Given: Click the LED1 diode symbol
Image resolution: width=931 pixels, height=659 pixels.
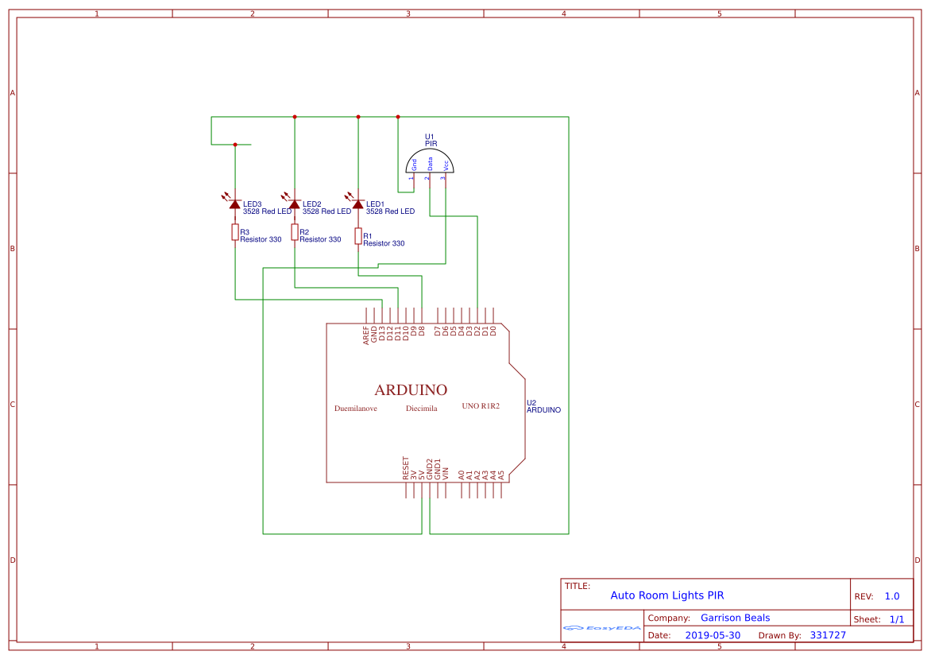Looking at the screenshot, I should click(x=358, y=204).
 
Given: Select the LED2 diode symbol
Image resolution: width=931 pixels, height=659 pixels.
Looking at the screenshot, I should click(x=295, y=204).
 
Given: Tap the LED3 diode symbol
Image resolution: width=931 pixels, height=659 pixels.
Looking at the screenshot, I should click(x=235, y=204).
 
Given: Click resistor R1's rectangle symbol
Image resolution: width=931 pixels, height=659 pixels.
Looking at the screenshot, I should click(x=358, y=236).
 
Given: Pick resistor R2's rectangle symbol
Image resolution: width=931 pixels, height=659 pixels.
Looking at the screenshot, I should click(x=295, y=232).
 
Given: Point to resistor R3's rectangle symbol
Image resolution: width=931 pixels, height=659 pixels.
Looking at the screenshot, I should click(x=235, y=232).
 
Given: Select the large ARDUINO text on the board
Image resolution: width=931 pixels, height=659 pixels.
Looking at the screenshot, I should click(x=411, y=390).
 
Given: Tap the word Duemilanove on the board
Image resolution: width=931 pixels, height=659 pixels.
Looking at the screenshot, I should click(x=356, y=409).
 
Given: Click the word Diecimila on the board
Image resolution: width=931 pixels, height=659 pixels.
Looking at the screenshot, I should click(x=421, y=409).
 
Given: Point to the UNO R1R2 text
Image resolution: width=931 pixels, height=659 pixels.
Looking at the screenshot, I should click(x=481, y=406).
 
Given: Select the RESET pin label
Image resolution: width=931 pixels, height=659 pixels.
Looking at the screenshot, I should click(x=406, y=468).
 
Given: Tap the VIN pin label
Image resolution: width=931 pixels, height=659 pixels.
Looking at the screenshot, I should click(x=446, y=472).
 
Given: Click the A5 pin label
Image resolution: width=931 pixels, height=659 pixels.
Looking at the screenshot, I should click(x=501, y=474).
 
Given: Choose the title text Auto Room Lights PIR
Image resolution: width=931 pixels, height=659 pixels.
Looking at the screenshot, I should click(x=666, y=595).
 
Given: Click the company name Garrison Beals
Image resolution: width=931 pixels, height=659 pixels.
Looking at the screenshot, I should click(x=735, y=618).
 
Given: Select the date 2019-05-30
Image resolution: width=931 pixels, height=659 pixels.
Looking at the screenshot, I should click(x=713, y=635).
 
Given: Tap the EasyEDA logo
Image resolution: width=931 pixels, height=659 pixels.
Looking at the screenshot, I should click(x=601, y=628).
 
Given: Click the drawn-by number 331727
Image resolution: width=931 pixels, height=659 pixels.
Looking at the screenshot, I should click(x=828, y=635).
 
